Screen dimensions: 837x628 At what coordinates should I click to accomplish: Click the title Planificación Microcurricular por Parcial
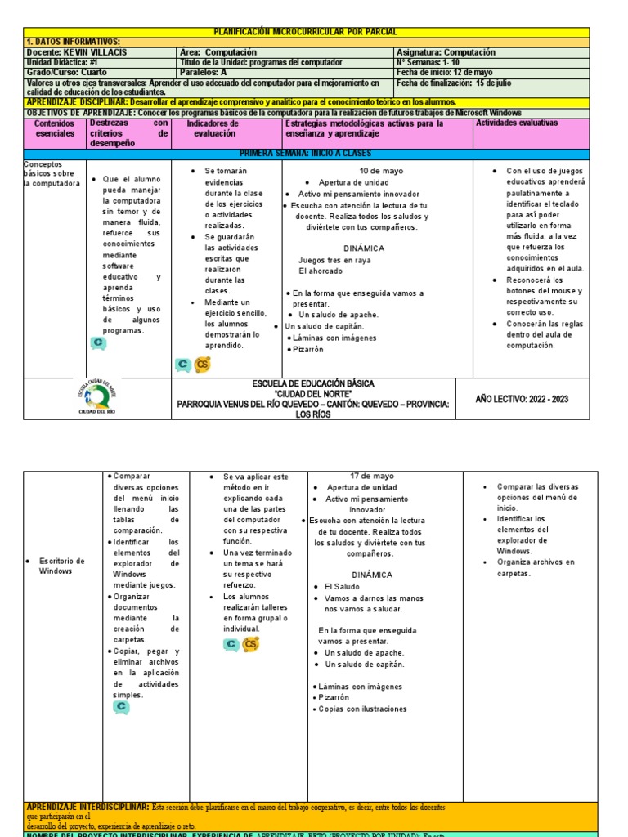click(x=305, y=32)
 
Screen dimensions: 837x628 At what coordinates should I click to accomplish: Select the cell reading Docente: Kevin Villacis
click(x=78, y=52)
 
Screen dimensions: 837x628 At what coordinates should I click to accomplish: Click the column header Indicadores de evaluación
click(x=214, y=128)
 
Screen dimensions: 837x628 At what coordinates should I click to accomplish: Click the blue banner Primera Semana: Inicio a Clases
click(x=305, y=154)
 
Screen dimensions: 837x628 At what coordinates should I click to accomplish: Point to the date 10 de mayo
click(x=381, y=171)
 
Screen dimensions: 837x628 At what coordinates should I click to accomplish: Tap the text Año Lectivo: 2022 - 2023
click(x=522, y=399)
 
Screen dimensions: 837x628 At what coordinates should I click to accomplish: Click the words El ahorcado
click(x=321, y=271)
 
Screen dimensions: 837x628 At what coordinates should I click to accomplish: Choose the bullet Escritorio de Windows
click(x=61, y=566)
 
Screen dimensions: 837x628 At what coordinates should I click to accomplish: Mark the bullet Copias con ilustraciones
click(x=365, y=709)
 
